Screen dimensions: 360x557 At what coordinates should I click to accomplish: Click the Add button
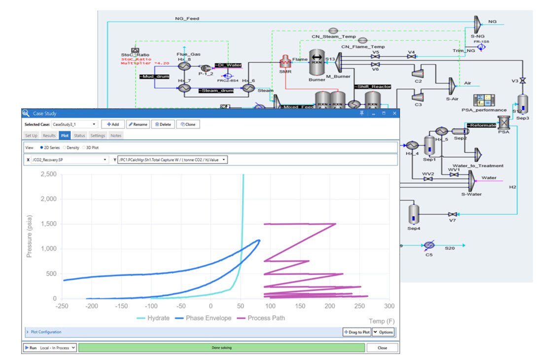click(112, 124)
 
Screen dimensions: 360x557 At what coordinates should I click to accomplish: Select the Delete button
click(163, 124)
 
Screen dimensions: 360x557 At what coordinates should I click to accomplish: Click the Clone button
click(187, 124)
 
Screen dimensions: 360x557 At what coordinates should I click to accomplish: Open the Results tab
click(49, 135)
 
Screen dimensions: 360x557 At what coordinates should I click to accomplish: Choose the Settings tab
click(98, 135)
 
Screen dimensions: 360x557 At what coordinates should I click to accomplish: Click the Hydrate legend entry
click(154, 318)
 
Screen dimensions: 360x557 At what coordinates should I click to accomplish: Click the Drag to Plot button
click(356, 332)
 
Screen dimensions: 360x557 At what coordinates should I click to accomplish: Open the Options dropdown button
click(383, 332)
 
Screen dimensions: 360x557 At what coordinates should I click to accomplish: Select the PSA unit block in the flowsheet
click(504, 122)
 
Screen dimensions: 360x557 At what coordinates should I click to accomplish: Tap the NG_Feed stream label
click(187, 18)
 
